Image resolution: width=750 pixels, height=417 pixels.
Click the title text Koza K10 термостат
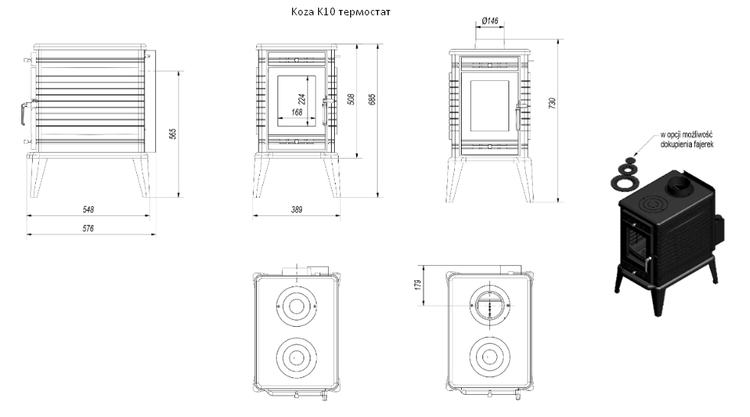pos(340,11)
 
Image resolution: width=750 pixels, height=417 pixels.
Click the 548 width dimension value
pos(89,209)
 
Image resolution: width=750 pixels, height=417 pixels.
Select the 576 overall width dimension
pos(88,228)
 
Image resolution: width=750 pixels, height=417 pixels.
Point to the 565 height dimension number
pos(173,134)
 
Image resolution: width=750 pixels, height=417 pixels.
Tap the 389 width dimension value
pos(297,209)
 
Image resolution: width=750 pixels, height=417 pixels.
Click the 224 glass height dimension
pos(301,99)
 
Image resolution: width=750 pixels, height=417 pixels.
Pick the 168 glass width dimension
pos(297,112)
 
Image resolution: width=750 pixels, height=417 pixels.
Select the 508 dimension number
pos(352,99)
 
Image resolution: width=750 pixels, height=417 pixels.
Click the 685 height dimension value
pos(372,99)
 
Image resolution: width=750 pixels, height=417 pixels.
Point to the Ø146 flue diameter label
pos(490,21)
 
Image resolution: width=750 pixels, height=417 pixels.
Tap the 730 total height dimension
pos(553,104)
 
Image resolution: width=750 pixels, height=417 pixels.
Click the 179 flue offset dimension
pos(418,285)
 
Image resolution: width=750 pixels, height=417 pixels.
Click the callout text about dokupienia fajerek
pos(687,140)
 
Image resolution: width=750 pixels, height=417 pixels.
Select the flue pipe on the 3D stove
pos(678,186)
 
